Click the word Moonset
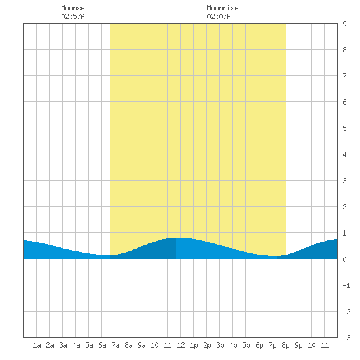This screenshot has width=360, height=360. [75, 8]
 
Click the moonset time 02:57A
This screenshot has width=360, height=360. [73, 16]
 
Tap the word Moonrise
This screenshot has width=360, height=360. [223, 8]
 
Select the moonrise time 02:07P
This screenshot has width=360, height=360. [219, 16]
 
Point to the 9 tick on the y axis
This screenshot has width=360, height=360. [344, 24]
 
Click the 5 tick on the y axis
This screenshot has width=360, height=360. [344, 128]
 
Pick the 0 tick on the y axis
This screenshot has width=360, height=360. [344, 259]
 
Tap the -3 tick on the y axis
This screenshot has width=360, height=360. [346, 338]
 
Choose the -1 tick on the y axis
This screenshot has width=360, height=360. [346, 285]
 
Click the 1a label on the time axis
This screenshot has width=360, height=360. [37, 345]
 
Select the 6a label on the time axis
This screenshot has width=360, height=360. [102, 345]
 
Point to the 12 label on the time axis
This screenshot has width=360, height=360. [181, 345]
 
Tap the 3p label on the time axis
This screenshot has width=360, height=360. [220, 345]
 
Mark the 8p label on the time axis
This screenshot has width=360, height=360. [285, 345]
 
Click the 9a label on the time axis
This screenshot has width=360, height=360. [141, 345]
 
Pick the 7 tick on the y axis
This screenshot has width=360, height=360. [344, 76]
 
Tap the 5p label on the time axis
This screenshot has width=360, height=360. [246, 345]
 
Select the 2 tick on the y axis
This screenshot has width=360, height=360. [344, 207]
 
